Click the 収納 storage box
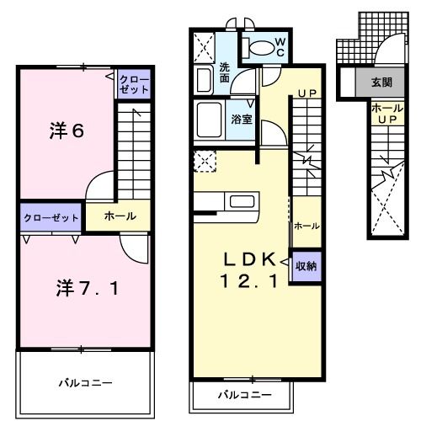coord(306,265)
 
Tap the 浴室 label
coord(242,119)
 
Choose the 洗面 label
coord(225,72)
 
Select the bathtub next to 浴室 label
coord(209,120)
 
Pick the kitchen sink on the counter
coord(242,201)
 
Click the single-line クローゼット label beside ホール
coord(50,216)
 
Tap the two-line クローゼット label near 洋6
coord(133,84)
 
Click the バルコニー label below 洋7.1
coord(85,383)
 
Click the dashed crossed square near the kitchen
coord(203,159)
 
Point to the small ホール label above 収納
coord(306,226)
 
